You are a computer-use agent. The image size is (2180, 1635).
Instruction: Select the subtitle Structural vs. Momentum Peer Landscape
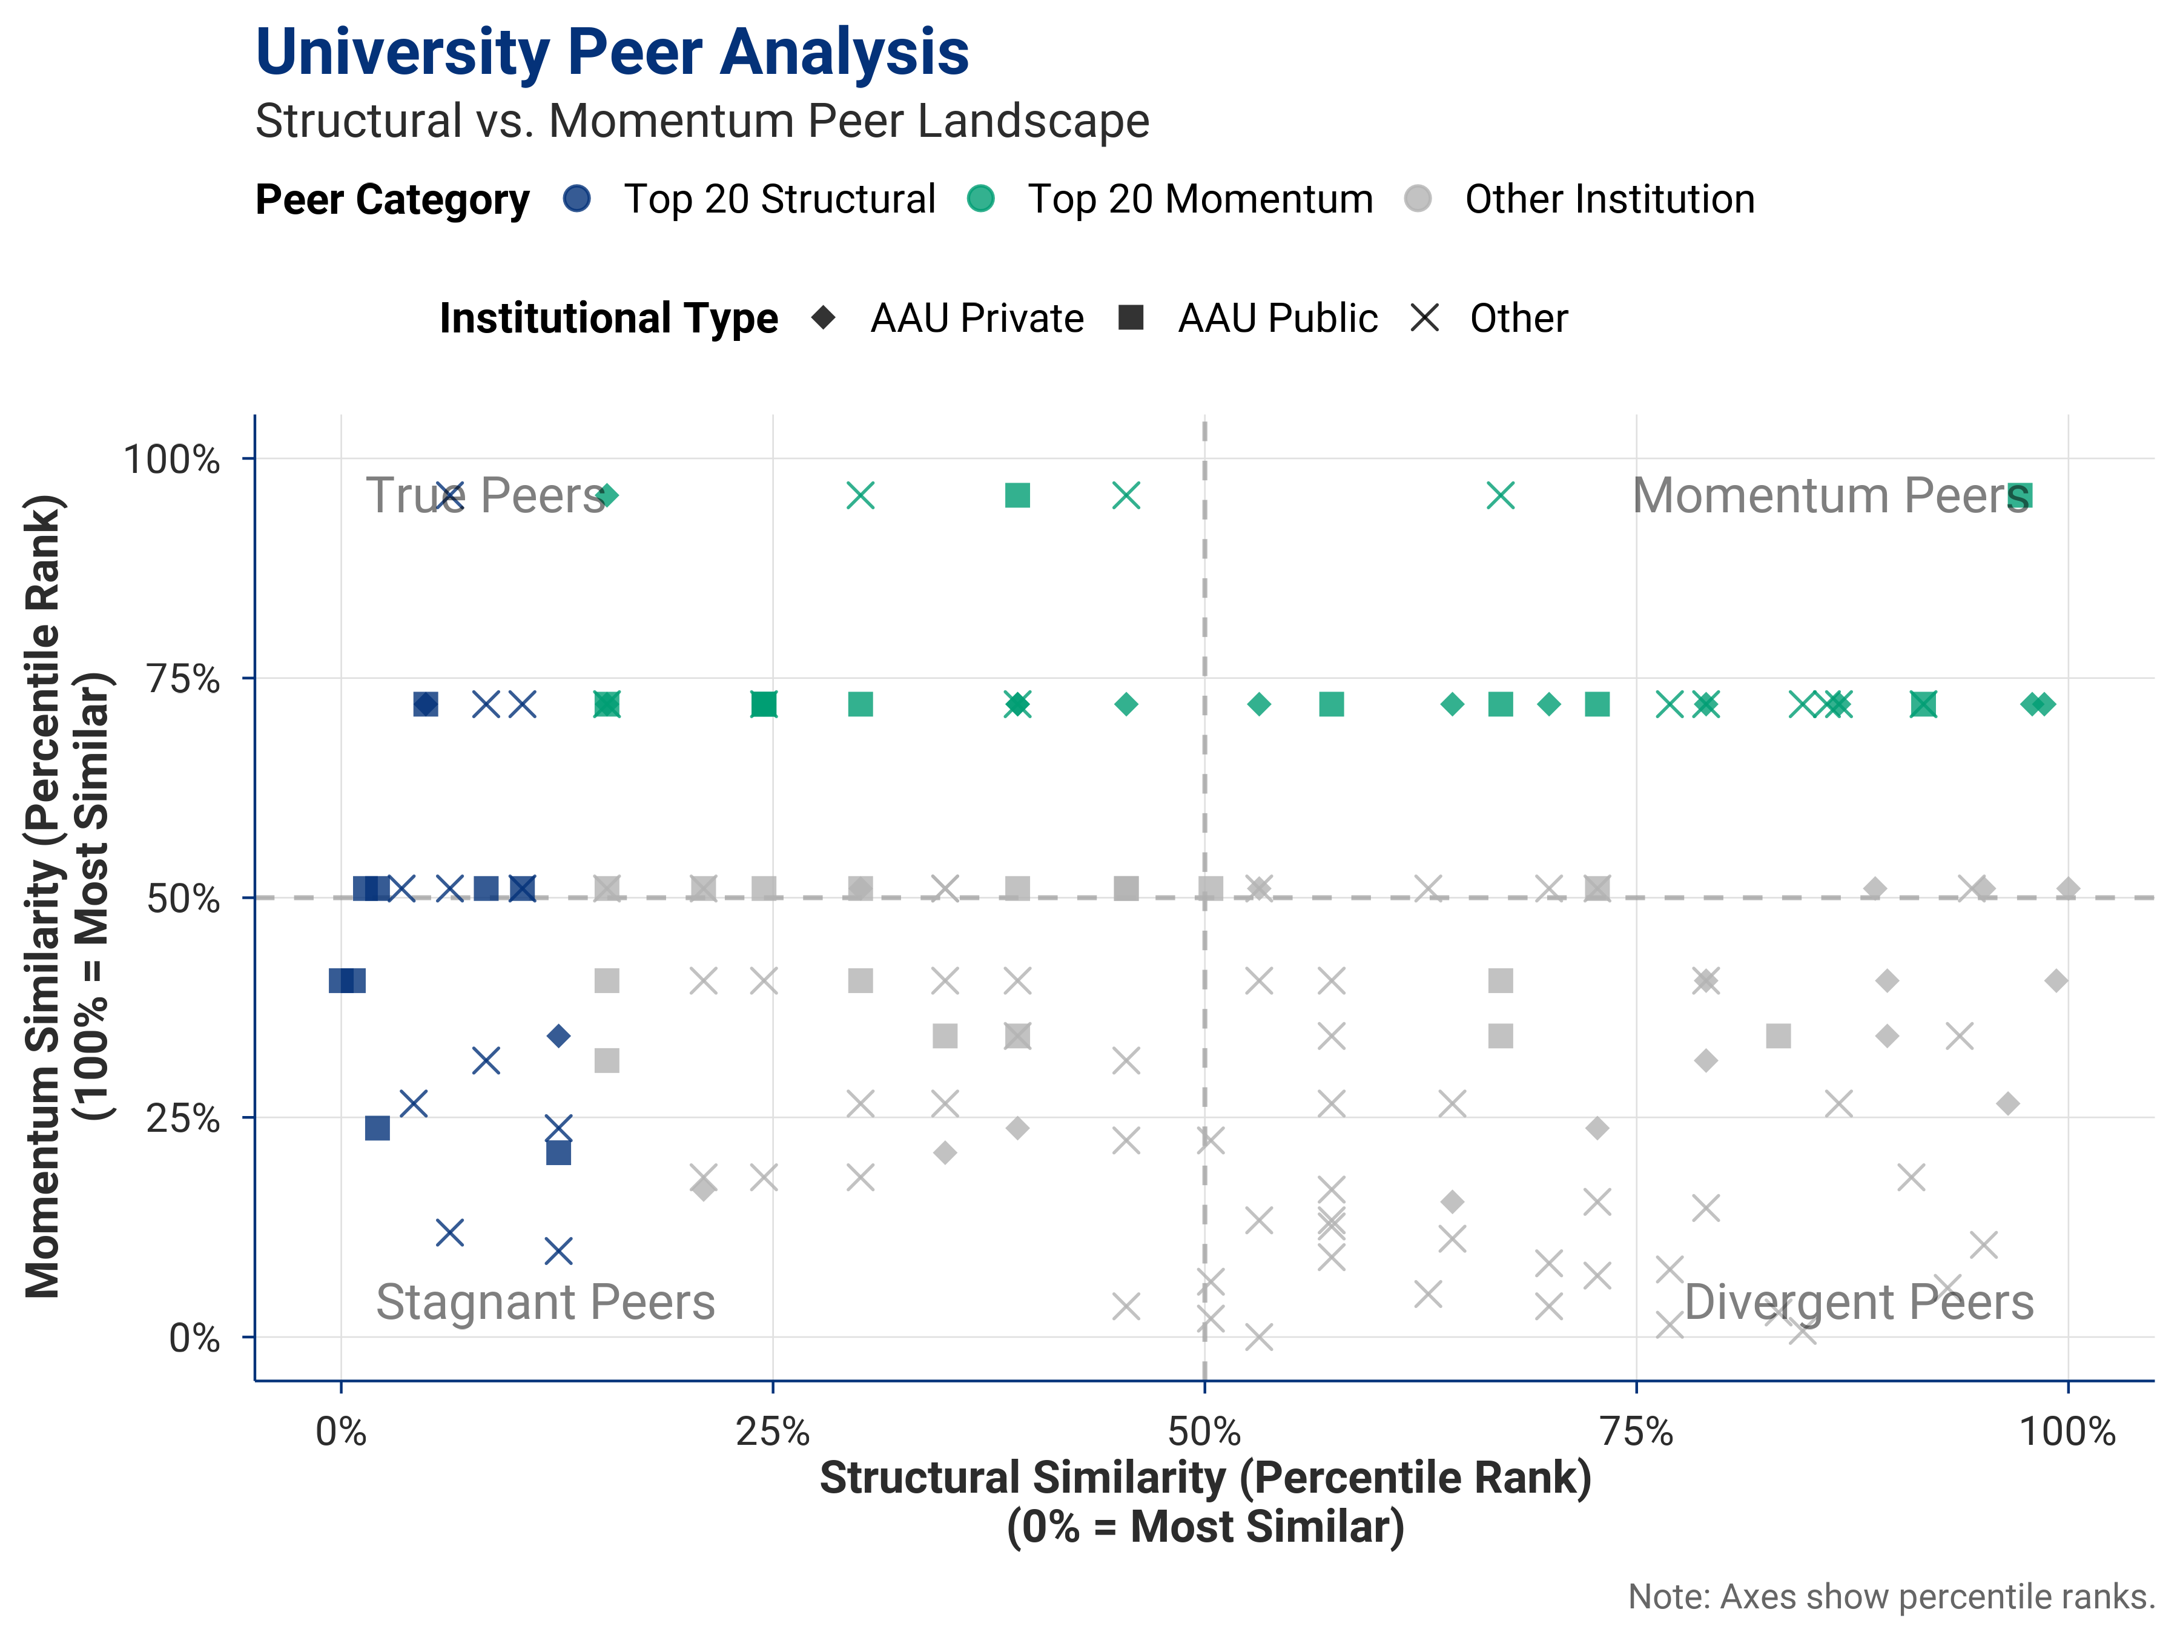tap(702, 121)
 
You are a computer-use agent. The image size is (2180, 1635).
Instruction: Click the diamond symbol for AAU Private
tap(824, 317)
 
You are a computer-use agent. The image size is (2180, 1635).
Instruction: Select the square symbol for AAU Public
tap(1131, 317)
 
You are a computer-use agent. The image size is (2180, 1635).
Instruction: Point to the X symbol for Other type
tap(1425, 317)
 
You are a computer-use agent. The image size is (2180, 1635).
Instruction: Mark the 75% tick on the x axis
tap(1636, 1431)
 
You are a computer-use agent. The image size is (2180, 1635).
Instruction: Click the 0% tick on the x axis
tap(341, 1431)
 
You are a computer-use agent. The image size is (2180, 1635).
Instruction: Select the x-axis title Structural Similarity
tap(1205, 1478)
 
